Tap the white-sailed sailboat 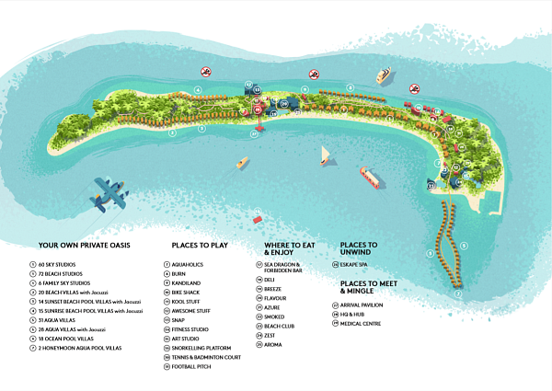coord(325,156)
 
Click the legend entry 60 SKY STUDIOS coord(56,264)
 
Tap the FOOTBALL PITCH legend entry coord(191,367)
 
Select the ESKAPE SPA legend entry coord(359,264)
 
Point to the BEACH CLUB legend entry coord(279,327)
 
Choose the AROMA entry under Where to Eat coord(274,345)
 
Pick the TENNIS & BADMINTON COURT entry coord(206,358)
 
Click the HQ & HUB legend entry coord(359,315)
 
